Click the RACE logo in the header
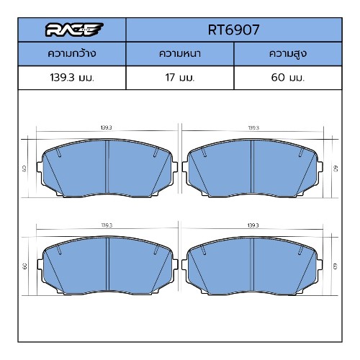click(x=74, y=30)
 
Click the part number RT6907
click(x=233, y=30)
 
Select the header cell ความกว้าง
click(x=72, y=53)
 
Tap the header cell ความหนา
click(x=180, y=53)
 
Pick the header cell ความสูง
click(x=288, y=54)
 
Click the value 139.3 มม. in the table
click(x=72, y=78)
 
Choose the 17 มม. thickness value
click(x=180, y=78)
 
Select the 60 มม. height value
click(x=288, y=78)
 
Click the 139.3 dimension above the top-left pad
click(x=106, y=127)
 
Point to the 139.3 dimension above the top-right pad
click(x=253, y=127)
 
